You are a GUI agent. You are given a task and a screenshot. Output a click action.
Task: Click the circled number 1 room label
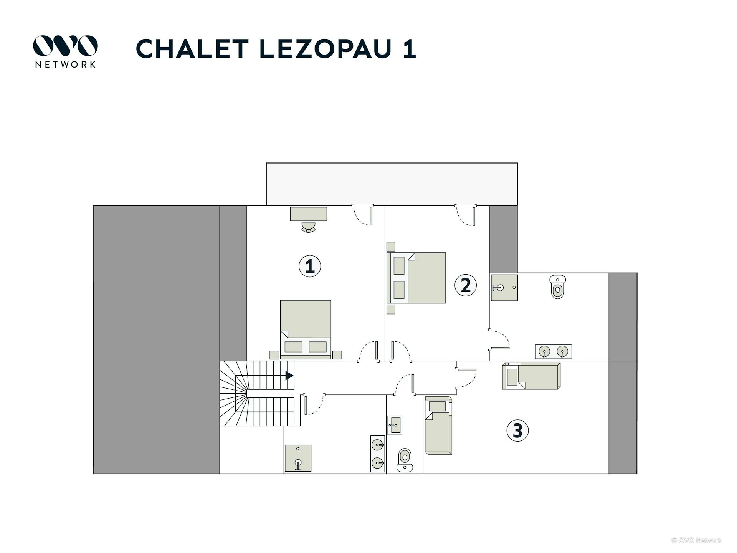pyautogui.click(x=310, y=266)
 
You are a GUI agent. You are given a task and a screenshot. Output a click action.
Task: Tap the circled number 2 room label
pyautogui.click(x=466, y=285)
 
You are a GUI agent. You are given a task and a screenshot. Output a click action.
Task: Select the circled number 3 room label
pyautogui.click(x=517, y=430)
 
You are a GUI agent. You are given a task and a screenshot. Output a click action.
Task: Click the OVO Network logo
pyautogui.click(x=65, y=51)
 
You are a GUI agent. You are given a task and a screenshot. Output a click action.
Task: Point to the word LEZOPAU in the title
pyautogui.click(x=326, y=49)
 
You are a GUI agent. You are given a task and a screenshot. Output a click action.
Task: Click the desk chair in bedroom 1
pyautogui.click(x=308, y=228)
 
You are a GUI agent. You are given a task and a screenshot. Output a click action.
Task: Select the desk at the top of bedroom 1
pyautogui.click(x=309, y=214)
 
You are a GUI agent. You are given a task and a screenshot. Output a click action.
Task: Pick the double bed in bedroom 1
pyautogui.click(x=306, y=329)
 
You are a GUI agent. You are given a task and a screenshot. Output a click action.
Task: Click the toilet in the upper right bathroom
pyautogui.click(x=557, y=286)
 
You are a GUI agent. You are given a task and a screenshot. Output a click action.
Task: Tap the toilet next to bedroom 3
pyautogui.click(x=405, y=460)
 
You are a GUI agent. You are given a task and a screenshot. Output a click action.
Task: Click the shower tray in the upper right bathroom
pyautogui.click(x=504, y=287)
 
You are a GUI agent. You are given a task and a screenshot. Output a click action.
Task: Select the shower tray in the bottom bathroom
pyautogui.click(x=298, y=458)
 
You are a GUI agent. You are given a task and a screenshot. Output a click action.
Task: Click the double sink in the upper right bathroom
pyautogui.click(x=554, y=351)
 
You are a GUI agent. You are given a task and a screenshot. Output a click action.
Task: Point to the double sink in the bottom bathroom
pyautogui.click(x=378, y=454)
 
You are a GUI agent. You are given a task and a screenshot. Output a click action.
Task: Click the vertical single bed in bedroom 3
pyautogui.click(x=438, y=425)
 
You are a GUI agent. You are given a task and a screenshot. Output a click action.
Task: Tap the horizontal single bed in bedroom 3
pyautogui.click(x=531, y=376)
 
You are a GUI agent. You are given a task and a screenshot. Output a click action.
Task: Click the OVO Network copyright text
pyautogui.click(x=696, y=540)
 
